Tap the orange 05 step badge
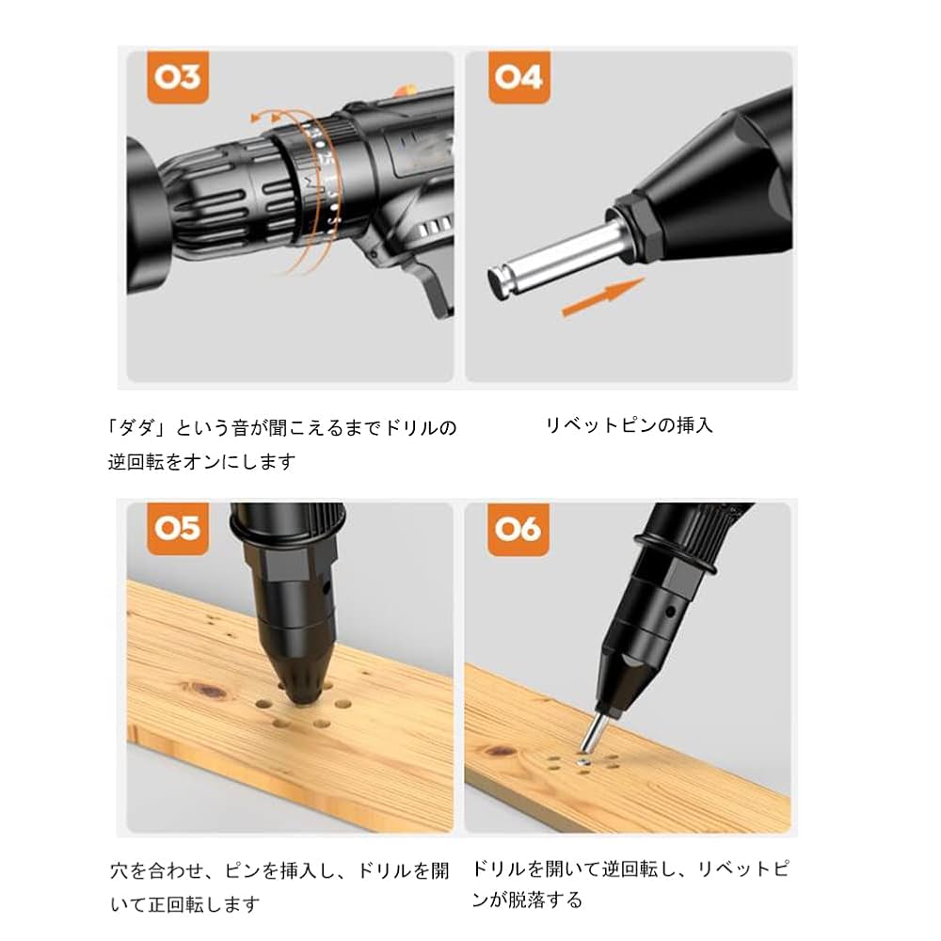[176, 529]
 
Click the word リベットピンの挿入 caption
[630, 425]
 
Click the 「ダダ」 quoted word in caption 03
[137, 428]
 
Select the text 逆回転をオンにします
[201, 462]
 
